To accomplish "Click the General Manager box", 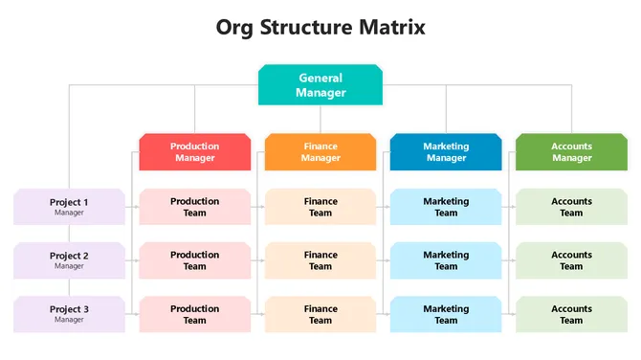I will click(320, 85).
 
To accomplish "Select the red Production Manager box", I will click(195, 152).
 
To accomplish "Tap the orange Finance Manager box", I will click(320, 152).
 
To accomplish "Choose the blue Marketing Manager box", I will click(446, 152).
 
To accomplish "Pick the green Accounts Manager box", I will click(571, 152).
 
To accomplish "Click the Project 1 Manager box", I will click(69, 207).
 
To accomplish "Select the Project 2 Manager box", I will click(69, 260).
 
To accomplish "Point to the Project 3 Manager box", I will click(69, 314).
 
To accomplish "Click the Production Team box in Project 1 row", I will click(195, 207).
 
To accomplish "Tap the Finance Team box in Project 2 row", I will click(320, 260).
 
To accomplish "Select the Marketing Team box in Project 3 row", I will click(446, 314).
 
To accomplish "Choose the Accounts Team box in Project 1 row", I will click(571, 207).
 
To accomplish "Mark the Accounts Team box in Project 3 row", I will click(571, 314).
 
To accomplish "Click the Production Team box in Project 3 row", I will click(195, 314).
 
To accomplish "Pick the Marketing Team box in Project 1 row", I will click(446, 207).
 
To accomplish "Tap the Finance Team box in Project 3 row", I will click(320, 314).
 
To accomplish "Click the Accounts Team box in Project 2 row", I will click(571, 260).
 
